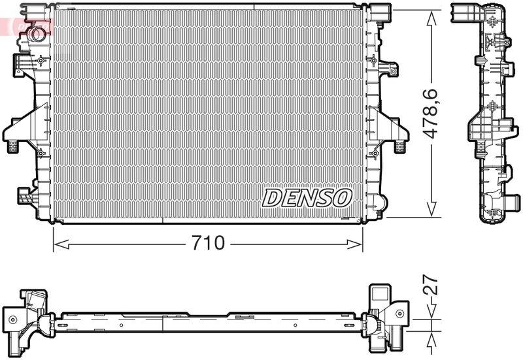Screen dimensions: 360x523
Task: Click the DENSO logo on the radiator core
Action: pos(307,197)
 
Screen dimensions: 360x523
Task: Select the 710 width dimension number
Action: pos(208,244)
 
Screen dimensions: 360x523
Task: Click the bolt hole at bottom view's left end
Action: pos(12,319)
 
